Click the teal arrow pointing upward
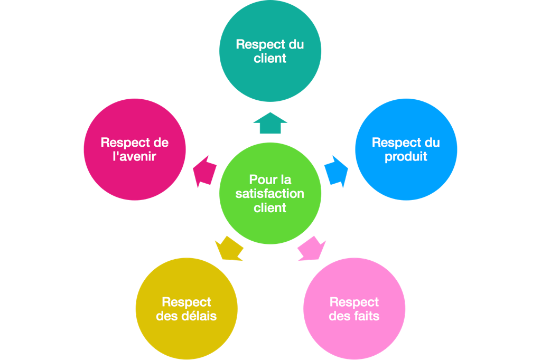click(270, 124)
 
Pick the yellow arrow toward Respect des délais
click(228, 249)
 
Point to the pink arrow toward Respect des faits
click(312, 249)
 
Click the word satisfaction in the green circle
click(270, 194)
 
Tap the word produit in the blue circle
click(406, 157)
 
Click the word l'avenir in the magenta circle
click(135, 157)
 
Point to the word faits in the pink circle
click(365, 316)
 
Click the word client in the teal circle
click(270, 58)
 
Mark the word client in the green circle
click(270, 208)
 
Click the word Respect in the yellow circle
click(186, 302)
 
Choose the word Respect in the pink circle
click(354, 302)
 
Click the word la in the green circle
click(286, 180)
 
